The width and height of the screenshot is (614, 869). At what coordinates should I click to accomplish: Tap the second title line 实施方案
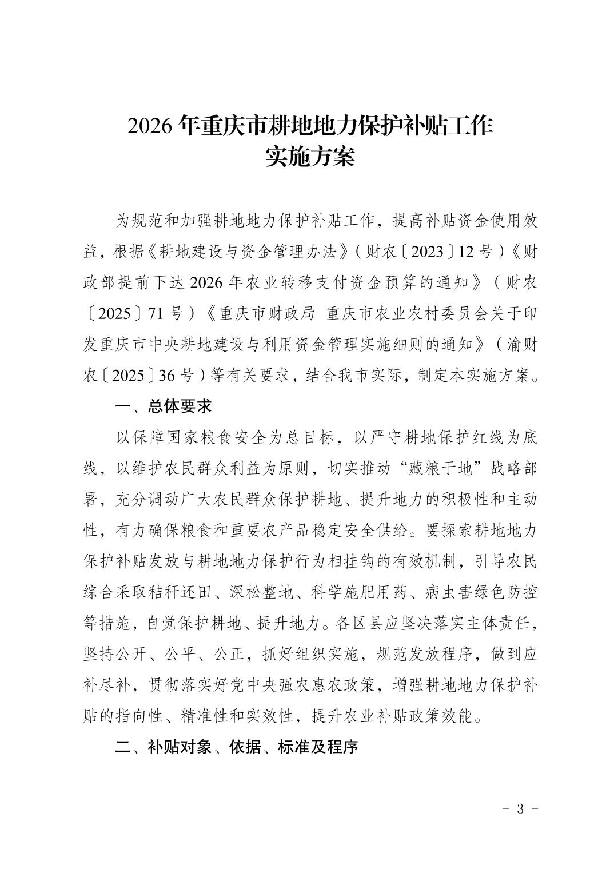[x=310, y=157]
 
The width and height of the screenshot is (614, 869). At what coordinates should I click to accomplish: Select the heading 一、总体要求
[x=164, y=406]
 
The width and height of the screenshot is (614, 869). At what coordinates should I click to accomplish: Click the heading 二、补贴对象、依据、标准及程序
[x=236, y=747]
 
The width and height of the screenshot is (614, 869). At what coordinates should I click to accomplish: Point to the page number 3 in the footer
[x=520, y=809]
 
